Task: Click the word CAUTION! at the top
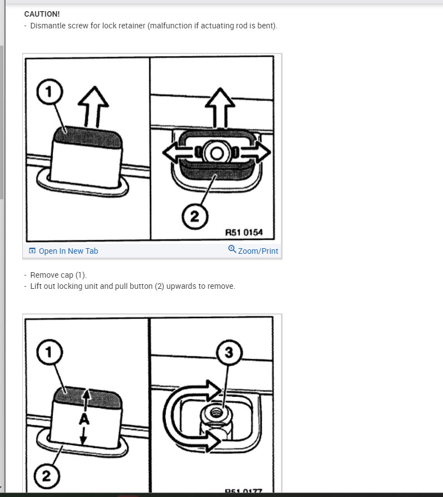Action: tap(42, 14)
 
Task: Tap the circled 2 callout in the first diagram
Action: tap(194, 216)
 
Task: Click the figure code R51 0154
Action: tap(243, 232)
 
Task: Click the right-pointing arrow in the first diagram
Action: tap(259, 152)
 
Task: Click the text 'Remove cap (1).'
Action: tap(58, 275)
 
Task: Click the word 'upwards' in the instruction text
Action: tap(186, 286)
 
